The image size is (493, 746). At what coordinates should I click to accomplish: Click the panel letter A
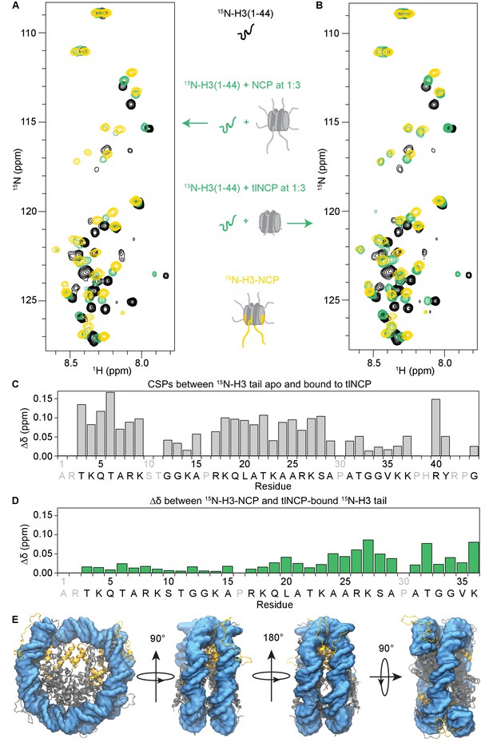[17, 6]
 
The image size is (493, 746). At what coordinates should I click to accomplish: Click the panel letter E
[16, 620]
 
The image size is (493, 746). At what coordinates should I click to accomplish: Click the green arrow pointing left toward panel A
[195, 124]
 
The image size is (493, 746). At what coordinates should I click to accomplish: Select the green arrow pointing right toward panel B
[300, 223]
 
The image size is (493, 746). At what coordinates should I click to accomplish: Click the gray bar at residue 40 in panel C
[436, 428]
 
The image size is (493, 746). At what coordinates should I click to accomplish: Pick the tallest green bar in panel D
[368, 556]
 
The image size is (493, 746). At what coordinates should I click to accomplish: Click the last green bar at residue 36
[474, 558]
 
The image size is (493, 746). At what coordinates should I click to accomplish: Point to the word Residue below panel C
[273, 486]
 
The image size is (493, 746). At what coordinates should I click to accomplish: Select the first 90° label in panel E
[157, 638]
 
